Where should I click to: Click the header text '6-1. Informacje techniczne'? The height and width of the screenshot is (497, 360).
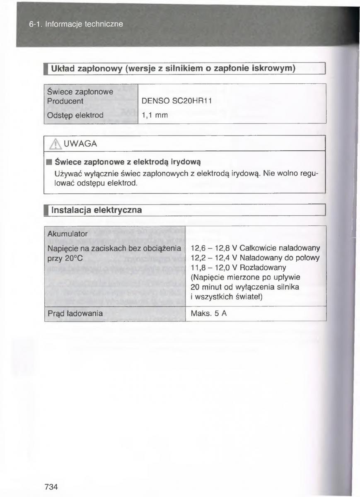point(76,24)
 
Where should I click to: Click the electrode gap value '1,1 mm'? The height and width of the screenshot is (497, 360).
point(155,116)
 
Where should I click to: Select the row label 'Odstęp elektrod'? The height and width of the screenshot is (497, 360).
point(74,116)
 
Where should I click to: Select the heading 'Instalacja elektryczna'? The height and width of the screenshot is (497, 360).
point(96,210)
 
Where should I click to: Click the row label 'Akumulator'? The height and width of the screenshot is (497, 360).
point(67,234)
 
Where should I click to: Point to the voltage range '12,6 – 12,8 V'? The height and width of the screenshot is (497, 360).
point(213,248)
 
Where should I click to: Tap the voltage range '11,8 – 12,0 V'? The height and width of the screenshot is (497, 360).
point(213,268)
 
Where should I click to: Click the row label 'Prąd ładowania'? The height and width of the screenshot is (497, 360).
point(75,314)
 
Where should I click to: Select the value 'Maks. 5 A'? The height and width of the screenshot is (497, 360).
point(208,314)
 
